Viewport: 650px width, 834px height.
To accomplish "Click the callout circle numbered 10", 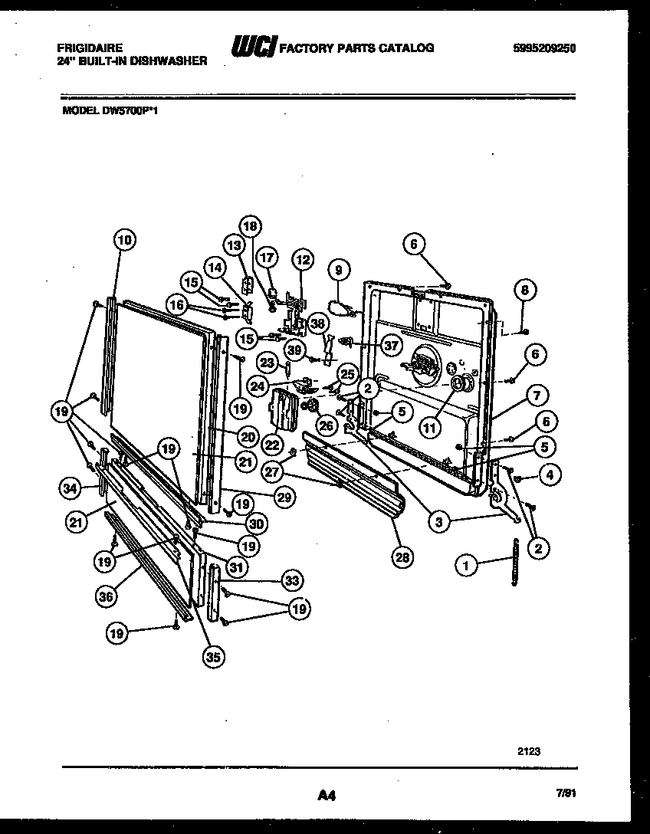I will point(125,240).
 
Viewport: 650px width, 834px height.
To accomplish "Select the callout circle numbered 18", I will point(251,225).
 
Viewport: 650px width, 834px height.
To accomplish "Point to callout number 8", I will point(525,291).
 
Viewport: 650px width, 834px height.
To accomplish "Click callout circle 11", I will point(430,426).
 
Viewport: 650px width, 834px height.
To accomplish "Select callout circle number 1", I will point(465,566).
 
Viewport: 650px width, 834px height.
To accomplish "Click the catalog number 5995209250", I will point(544,48).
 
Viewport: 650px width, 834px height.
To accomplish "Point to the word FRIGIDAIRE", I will point(90,48).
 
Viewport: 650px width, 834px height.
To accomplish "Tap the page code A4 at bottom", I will point(327,796).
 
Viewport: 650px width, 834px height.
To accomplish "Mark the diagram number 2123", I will point(529,752).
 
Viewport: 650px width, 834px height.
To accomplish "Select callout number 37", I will point(391,346).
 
